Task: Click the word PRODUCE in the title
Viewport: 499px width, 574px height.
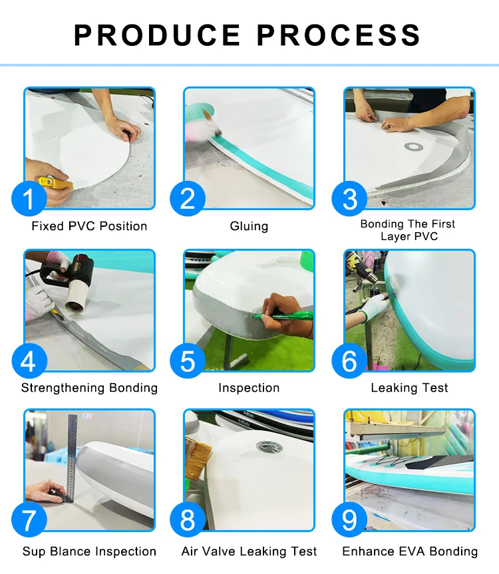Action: (157, 35)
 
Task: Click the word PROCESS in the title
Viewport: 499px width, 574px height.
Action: (339, 35)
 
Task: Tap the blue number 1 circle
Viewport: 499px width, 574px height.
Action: (29, 198)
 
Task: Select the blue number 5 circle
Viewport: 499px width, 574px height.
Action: (188, 361)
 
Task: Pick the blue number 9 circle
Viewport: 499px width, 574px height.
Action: (349, 519)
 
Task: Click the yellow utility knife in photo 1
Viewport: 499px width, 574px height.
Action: (56, 183)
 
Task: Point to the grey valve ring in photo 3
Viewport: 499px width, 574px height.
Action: (414, 147)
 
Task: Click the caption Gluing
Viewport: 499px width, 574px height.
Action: (249, 226)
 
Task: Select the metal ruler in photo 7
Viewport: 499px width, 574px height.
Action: (72, 458)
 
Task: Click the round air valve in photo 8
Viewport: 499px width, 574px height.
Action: (269, 446)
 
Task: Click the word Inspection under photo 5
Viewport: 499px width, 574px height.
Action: (249, 388)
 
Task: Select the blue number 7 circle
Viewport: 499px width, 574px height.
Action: (29, 519)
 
